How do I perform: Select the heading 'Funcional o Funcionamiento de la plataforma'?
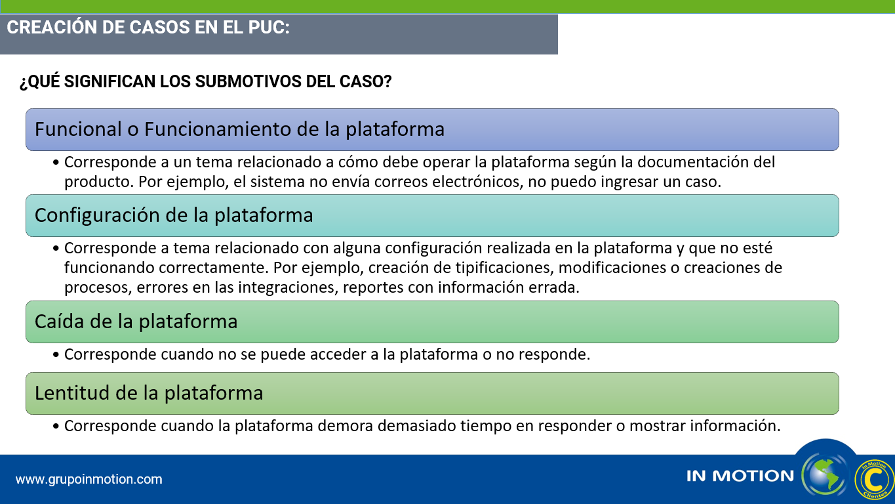239,129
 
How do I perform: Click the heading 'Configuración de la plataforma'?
174,216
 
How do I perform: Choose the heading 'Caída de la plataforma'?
136,322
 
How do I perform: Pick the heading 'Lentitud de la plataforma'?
149,393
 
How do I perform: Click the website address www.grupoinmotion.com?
89,479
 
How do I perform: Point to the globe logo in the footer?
825,475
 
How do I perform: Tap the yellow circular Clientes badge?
874,479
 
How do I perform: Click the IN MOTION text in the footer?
740,476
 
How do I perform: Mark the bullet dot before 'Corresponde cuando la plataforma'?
56,427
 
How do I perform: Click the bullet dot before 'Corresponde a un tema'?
56,163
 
